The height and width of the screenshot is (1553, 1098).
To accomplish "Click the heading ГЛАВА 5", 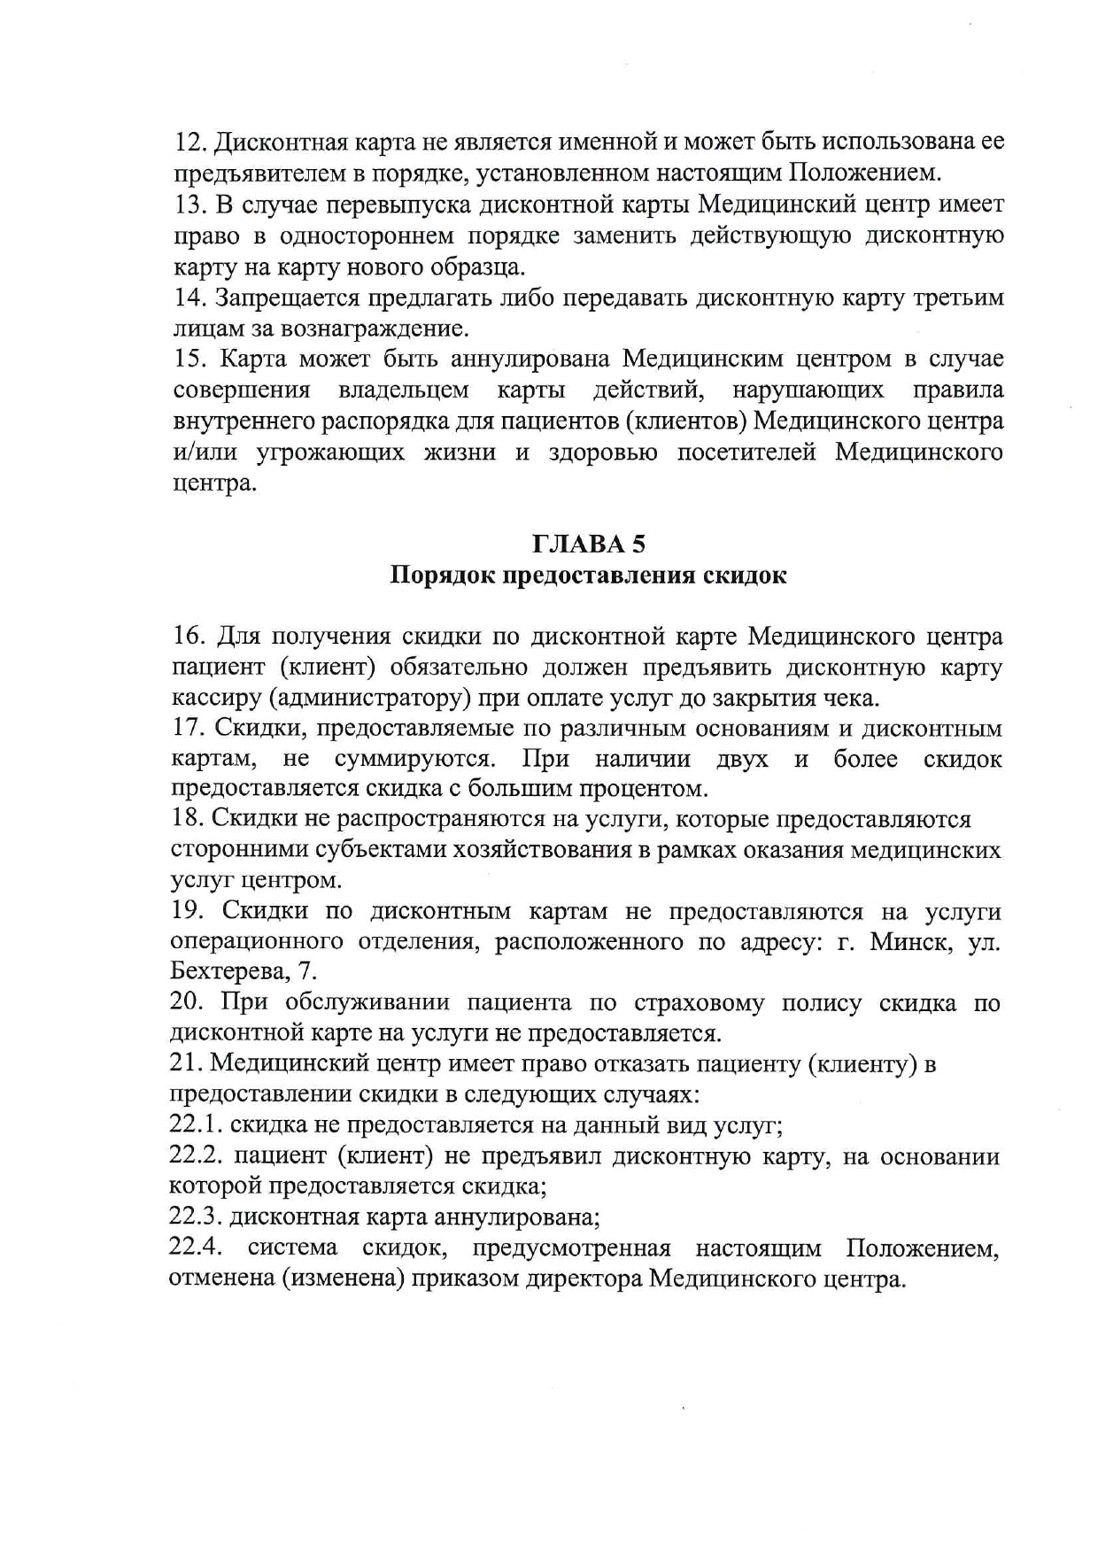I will tap(588, 544).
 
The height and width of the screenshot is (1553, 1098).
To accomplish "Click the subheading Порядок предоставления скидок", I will tap(588, 576).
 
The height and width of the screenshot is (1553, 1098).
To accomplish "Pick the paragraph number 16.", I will tap(189, 637).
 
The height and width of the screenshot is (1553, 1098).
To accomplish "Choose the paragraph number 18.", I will tap(187, 820).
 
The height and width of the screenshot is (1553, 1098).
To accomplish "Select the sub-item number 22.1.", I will tap(196, 1125).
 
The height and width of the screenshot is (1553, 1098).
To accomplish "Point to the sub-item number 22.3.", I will tap(196, 1217).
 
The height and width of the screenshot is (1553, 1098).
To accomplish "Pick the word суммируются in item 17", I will tap(414, 760).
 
